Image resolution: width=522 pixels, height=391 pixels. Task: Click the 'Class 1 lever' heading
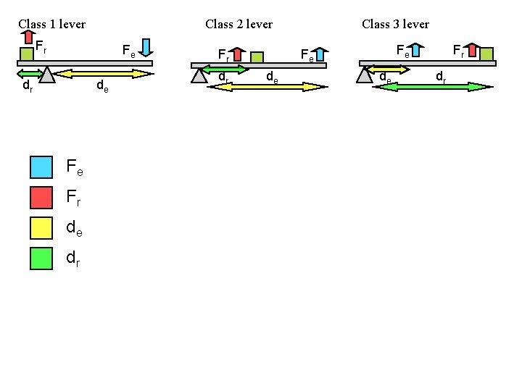pyautogui.click(x=51, y=24)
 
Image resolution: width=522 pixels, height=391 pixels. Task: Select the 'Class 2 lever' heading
pyautogui.click(x=239, y=24)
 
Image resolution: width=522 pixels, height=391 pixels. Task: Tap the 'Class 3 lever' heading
pyautogui.click(x=395, y=24)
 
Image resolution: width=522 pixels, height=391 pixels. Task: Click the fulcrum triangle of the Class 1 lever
pyautogui.click(x=47, y=75)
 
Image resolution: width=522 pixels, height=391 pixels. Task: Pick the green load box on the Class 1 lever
pyautogui.click(x=27, y=54)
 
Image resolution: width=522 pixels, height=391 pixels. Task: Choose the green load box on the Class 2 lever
pyautogui.click(x=257, y=57)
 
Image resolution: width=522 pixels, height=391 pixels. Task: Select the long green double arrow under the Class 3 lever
pyautogui.click(x=432, y=86)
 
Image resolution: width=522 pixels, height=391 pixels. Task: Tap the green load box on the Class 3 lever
pyautogui.click(x=486, y=54)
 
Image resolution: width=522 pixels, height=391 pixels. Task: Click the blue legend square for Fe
pyautogui.click(x=41, y=167)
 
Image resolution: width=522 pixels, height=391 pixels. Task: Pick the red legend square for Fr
pyautogui.click(x=41, y=197)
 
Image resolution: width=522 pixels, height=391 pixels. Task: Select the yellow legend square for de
pyautogui.click(x=41, y=227)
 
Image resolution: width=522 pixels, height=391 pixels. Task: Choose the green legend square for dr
pyautogui.click(x=41, y=258)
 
